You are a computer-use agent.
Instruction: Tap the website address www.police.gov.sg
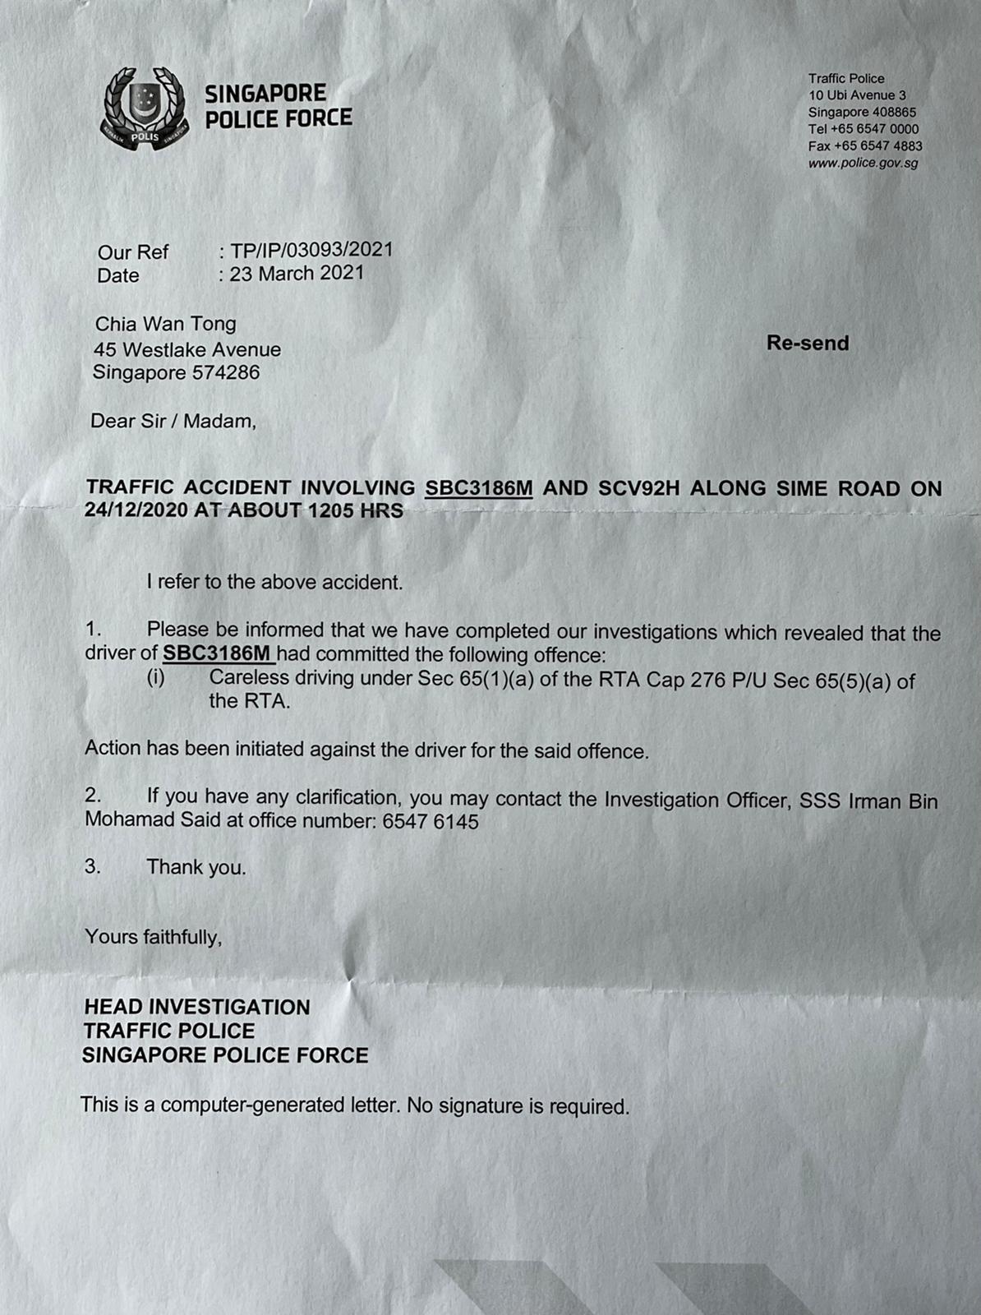point(863,163)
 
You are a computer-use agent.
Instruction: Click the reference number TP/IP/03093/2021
point(311,250)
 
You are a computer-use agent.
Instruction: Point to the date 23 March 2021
point(297,274)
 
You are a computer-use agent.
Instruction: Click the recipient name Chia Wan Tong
point(166,324)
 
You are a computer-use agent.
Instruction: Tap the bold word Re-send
point(808,343)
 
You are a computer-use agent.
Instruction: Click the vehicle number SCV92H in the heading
point(639,488)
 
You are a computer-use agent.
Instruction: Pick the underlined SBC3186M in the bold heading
point(479,488)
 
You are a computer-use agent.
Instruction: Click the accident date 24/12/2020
point(136,510)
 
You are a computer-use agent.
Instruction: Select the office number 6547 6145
point(431,821)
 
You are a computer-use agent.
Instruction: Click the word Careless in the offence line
point(249,678)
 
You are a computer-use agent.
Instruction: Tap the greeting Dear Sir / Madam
point(173,422)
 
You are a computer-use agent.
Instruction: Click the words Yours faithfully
point(154,937)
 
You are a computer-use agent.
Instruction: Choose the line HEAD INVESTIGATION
point(197,1007)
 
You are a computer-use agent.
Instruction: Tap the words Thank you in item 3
point(196,867)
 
